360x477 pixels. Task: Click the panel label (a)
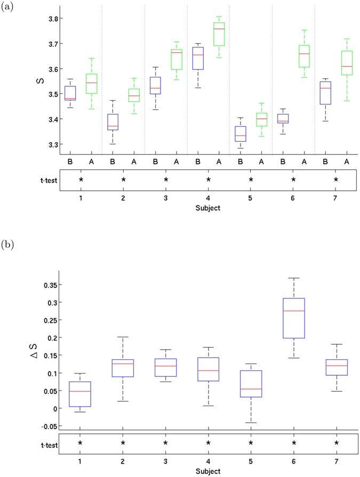pyautogui.click(x=7, y=7)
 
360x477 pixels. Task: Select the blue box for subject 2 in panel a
pyautogui.click(x=113, y=122)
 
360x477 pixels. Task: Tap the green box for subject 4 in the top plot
pyautogui.click(x=219, y=34)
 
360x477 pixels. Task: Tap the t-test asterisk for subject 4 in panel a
pyautogui.click(x=209, y=180)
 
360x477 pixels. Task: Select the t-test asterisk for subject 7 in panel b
pyautogui.click(x=336, y=443)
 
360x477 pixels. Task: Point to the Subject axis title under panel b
pyautogui.click(x=208, y=472)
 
